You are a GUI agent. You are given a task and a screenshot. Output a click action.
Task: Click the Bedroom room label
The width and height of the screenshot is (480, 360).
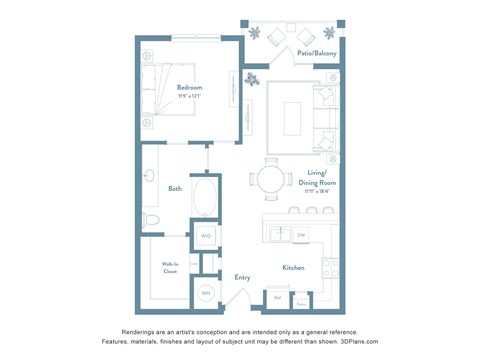[x=190, y=88]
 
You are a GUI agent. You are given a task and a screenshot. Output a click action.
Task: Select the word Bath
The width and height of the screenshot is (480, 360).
[x=175, y=188]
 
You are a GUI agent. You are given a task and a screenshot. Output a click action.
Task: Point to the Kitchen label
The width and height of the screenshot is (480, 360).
[x=293, y=267]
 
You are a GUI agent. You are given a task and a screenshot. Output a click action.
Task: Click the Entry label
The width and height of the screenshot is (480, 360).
[x=242, y=277]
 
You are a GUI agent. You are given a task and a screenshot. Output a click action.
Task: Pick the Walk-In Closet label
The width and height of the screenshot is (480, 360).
[x=170, y=268]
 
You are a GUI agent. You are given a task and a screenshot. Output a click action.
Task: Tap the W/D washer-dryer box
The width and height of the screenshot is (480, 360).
[x=205, y=236]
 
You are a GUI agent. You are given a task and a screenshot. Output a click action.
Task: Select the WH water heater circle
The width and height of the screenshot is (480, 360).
[x=205, y=292]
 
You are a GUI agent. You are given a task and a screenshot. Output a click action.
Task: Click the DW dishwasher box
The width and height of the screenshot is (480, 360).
[x=300, y=235]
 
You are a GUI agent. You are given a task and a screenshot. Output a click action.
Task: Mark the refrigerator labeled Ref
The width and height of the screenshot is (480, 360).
[x=278, y=297]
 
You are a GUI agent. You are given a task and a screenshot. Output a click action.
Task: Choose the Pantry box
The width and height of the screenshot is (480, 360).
[x=301, y=299]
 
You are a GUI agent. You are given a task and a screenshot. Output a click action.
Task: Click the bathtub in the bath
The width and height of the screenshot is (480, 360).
[x=205, y=197]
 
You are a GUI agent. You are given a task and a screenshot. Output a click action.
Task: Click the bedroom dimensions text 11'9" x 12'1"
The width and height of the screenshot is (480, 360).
[x=190, y=97]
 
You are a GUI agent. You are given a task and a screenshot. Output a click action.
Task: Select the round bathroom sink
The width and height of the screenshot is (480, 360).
[x=149, y=176]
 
